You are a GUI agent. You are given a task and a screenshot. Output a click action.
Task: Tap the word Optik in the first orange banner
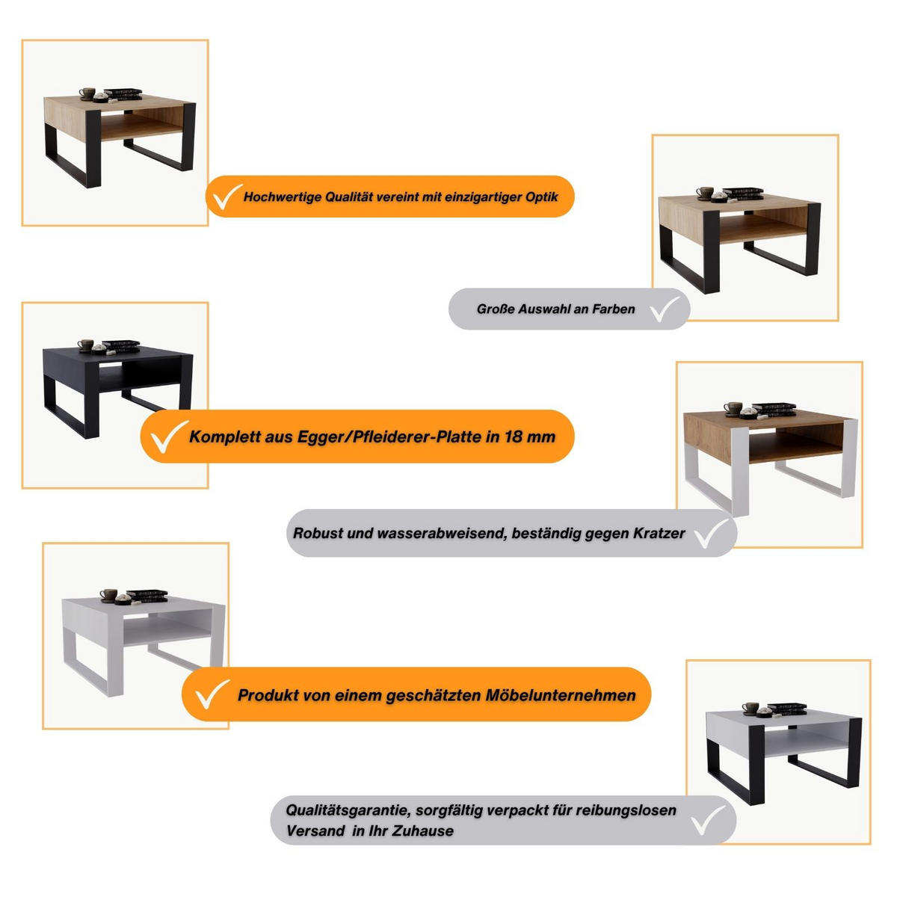click(x=541, y=197)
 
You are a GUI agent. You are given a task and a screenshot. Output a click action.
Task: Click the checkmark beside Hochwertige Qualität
click(x=226, y=196)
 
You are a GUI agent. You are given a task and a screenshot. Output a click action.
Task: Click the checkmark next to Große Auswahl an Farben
click(x=664, y=309)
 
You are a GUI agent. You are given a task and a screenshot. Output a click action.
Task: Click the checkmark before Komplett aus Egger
click(x=168, y=437)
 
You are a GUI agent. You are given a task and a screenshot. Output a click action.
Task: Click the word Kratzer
click(x=659, y=533)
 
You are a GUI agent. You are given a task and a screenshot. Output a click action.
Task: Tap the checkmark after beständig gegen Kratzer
click(x=712, y=534)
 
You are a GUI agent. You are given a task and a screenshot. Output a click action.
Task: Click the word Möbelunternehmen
click(x=561, y=695)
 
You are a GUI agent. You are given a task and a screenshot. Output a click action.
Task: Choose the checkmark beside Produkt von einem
click(x=212, y=694)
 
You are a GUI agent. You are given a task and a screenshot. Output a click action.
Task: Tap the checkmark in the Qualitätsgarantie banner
click(x=708, y=820)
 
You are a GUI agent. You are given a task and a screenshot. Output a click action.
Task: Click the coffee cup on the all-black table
click(x=86, y=345)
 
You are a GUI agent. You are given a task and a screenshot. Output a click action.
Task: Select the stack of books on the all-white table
click(x=147, y=596)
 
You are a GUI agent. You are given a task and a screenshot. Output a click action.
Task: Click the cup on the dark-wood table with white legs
click(x=733, y=408)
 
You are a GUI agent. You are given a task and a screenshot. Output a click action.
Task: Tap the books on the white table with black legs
click(x=786, y=709)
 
